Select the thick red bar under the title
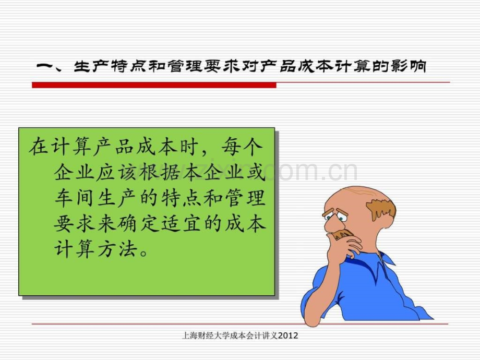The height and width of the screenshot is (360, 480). click(x=146, y=85)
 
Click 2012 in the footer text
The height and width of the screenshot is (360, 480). click(x=288, y=335)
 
